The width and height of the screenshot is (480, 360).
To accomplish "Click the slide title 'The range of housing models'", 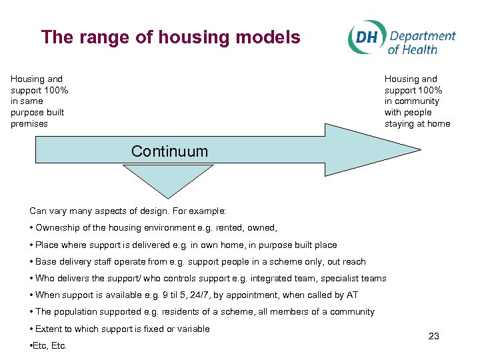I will tap(171, 37).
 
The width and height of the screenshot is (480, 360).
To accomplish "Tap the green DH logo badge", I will tap(365, 37).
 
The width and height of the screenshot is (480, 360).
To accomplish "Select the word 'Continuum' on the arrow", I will tap(169, 151).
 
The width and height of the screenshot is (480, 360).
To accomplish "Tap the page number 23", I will tap(433, 336).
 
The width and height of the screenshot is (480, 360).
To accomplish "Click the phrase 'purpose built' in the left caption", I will tap(37, 112).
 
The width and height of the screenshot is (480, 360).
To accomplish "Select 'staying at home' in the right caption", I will tap(417, 123).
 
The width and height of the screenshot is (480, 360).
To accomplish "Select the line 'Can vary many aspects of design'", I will tap(127, 211).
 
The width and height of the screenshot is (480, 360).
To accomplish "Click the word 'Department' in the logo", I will tap(423, 36).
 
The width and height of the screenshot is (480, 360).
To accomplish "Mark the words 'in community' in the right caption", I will tap(412, 101).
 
